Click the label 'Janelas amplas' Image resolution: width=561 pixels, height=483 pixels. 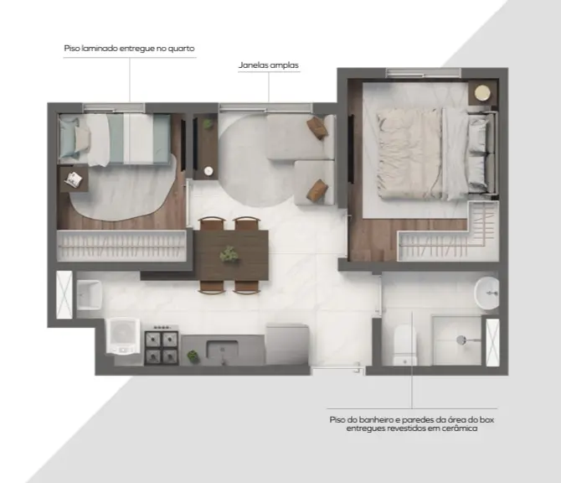click(268, 65)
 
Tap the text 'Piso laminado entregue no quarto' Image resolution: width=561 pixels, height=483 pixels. click(129, 49)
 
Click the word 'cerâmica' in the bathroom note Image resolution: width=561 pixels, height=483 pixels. click(460, 428)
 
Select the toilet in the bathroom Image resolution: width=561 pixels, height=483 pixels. click(405, 345)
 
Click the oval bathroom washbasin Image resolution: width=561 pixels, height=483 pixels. click(486, 293)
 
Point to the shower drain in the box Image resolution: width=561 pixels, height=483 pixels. click(461, 340)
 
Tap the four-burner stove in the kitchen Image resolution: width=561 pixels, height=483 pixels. click(162, 345)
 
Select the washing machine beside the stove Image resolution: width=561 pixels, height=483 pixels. click(123, 336)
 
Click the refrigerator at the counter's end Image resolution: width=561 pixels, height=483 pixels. click(287, 345)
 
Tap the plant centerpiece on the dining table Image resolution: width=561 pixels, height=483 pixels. click(229, 255)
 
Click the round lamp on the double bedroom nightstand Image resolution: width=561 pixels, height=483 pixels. click(482, 93)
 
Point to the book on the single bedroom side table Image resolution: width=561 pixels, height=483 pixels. click(75, 179)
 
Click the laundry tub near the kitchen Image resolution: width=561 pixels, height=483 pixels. click(89, 295)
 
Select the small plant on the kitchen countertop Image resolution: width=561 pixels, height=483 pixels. click(193, 356)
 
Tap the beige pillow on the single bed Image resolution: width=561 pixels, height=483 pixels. click(82, 140)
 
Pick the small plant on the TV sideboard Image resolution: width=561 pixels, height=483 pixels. click(207, 123)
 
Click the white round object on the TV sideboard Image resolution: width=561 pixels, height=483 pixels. click(208, 171)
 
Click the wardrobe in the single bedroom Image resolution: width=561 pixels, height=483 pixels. click(121, 246)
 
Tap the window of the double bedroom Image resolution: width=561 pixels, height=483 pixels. click(423, 73)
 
